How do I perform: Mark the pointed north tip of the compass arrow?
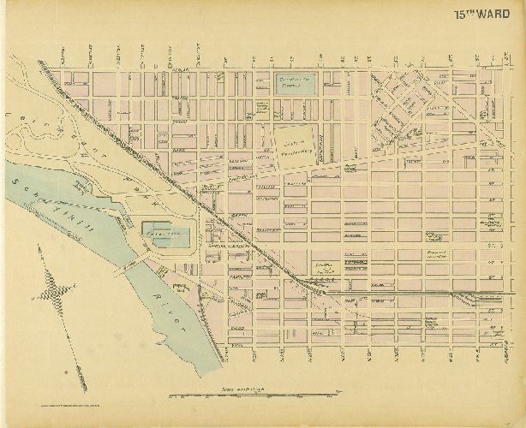[38, 247]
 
